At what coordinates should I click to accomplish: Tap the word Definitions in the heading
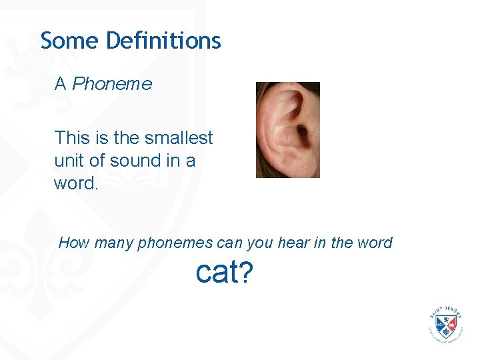click(163, 41)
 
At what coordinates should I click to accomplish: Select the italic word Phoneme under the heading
click(112, 84)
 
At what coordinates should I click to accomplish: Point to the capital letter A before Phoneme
click(61, 84)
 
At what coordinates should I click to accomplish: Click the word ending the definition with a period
click(76, 183)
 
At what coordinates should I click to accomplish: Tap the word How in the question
click(73, 243)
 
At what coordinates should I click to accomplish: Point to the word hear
click(291, 243)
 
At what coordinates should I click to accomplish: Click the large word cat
click(215, 272)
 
